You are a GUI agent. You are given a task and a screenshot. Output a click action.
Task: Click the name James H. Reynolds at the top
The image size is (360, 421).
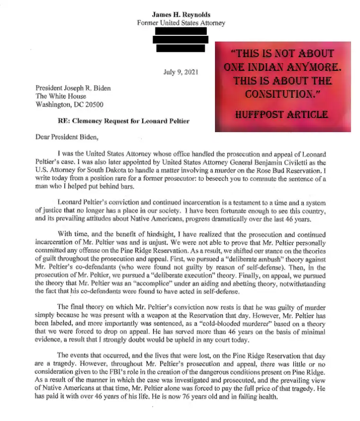pos(181,15)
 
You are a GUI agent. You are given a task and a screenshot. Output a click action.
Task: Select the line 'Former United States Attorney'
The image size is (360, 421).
pos(181,23)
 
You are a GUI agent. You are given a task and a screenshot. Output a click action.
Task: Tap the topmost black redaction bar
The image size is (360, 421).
pos(180,31)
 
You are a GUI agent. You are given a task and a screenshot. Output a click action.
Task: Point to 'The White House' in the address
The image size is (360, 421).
pos(61,96)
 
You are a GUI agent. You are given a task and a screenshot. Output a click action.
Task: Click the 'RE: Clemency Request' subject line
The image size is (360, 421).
pos(124,121)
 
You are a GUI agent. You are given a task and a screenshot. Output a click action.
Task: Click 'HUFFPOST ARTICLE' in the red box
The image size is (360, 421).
pos(283,115)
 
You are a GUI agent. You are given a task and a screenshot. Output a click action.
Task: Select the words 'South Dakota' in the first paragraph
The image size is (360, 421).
pos(106,170)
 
